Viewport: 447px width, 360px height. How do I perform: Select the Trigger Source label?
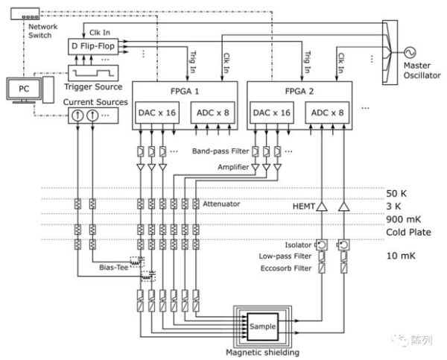(x=92, y=89)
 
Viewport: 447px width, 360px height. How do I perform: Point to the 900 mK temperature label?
(x=402, y=218)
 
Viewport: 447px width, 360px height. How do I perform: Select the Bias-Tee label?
(x=114, y=265)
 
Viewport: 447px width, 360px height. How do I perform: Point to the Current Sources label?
(x=95, y=101)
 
